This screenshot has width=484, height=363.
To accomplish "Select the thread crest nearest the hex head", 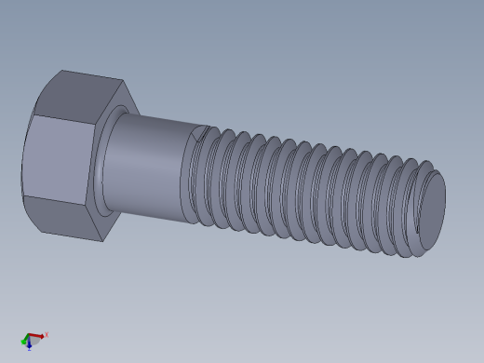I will (207, 177).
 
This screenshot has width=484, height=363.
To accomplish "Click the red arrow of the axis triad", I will (36, 335).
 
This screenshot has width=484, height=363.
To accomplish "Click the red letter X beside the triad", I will (46, 334).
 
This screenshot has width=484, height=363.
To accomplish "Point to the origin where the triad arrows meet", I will (29, 338).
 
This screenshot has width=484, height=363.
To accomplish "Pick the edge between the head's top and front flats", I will (65, 119).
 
